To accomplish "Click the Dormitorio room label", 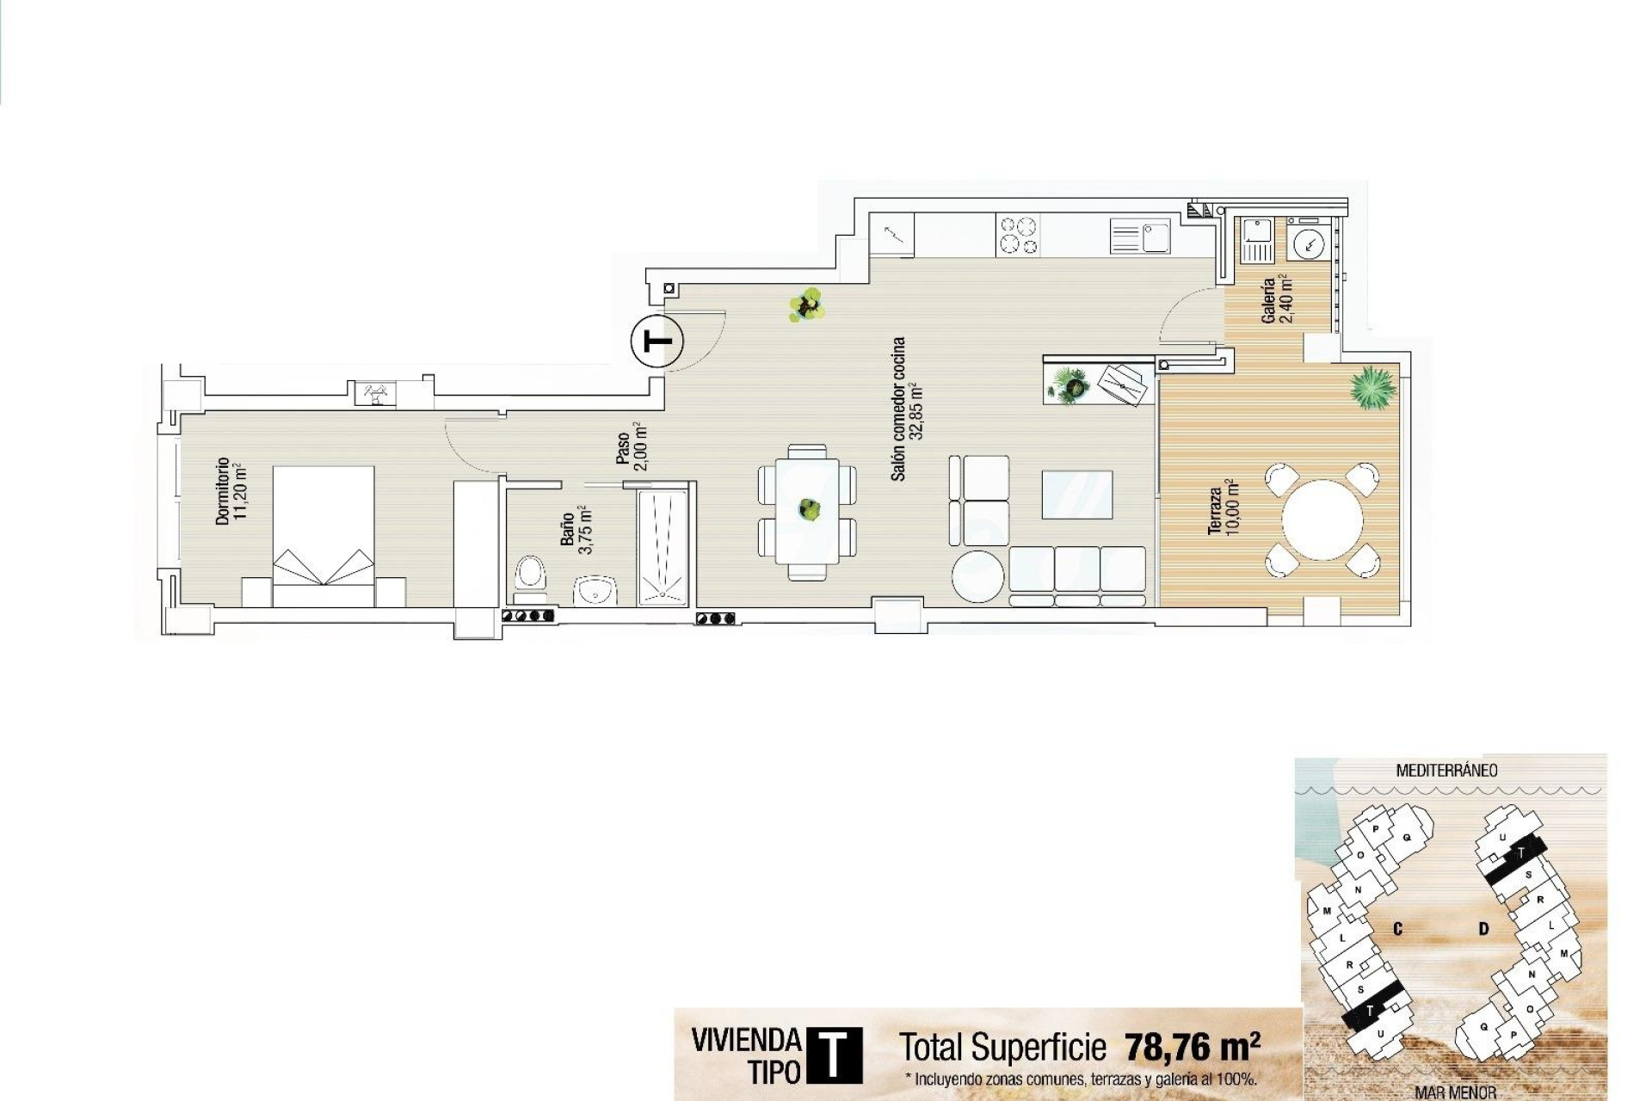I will pos(231,491).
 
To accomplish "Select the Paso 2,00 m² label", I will pos(631,446).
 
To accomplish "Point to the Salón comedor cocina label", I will pos(906,409).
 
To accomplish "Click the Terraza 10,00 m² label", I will pos(1222,511).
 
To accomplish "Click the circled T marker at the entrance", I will pos(657,342).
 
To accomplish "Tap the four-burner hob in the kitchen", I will pos(1018,235).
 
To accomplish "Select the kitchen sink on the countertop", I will pos(1140,236).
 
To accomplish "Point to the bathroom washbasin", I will pos(595,591).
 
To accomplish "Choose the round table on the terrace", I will pos(1322,520).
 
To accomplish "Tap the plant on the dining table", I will pos(808,509).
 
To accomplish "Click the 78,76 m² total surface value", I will pos(1192,1047).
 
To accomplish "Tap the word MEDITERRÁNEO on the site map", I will pos(1446,771).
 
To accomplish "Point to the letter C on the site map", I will pos(1398,929).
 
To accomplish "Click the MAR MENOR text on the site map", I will pos(1455,1092).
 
